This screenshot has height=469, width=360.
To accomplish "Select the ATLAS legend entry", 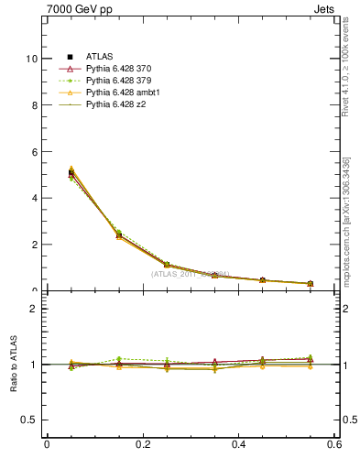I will (101, 57).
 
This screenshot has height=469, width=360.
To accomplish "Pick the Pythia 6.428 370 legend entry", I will (115, 69).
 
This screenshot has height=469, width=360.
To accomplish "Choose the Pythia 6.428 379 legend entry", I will (115, 81).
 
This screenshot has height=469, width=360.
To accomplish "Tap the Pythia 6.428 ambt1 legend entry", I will (118, 93).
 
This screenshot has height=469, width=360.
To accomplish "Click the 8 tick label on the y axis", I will (35, 105).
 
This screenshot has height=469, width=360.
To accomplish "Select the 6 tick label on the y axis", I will (35, 151).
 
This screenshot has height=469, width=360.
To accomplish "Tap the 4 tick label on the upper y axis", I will (35, 198).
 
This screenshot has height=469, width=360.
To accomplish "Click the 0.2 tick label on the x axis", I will (142, 445).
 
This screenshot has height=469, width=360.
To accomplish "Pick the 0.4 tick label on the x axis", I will (239, 445).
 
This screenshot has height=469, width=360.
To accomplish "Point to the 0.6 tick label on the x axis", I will (335, 445).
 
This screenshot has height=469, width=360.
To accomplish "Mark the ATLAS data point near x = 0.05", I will (71, 173).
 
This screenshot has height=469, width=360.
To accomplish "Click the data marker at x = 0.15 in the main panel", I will (119, 235).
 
